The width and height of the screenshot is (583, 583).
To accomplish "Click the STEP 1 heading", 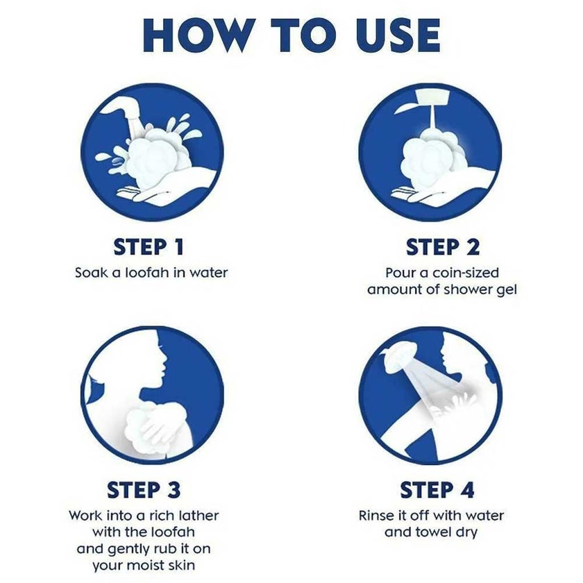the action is click(x=149, y=247).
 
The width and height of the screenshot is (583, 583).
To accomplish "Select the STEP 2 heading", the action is click(x=443, y=247).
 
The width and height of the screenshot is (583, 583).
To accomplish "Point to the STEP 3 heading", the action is click(x=144, y=490).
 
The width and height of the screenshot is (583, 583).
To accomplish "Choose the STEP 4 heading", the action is click(x=437, y=490).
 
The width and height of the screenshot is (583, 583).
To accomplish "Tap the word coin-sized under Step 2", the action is click(x=466, y=273).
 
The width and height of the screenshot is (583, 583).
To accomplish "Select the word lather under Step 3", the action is click(x=199, y=515).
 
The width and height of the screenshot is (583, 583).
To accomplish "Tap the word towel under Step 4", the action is click(x=426, y=532).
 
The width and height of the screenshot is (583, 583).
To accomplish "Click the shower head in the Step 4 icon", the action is click(x=396, y=356).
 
